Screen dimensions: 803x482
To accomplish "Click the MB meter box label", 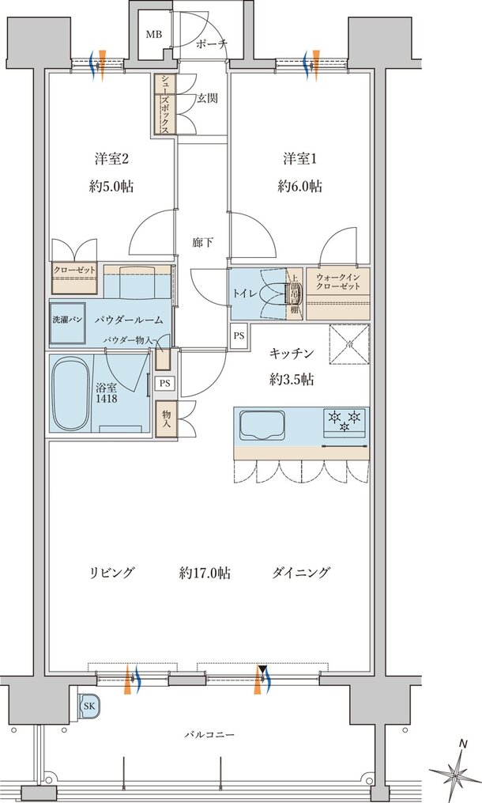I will (x=153, y=35).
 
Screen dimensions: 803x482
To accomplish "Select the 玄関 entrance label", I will (x=208, y=99).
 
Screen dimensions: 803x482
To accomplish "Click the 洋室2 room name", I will (x=107, y=159).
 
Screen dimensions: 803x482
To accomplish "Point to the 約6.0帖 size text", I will (x=299, y=187).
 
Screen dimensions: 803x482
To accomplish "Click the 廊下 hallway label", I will (x=203, y=243).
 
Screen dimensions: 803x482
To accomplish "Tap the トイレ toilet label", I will (x=243, y=294).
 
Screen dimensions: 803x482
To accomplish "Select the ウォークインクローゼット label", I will (x=337, y=282).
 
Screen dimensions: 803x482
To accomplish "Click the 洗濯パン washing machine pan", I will (x=67, y=320).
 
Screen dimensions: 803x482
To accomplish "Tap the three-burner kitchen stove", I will (x=345, y=419).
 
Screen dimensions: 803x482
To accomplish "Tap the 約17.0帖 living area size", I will (x=205, y=573).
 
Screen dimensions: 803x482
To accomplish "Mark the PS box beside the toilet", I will (x=239, y=335).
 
